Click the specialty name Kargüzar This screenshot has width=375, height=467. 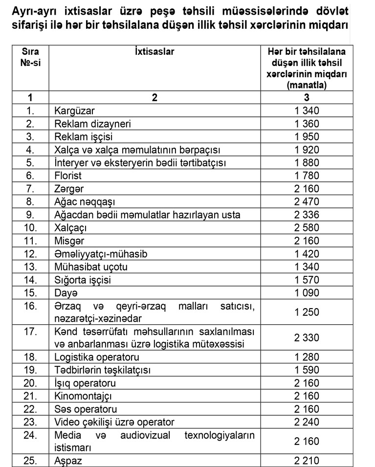click(x=75, y=111)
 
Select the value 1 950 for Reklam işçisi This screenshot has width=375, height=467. click(x=307, y=137)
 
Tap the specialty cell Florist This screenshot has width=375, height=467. click(x=68, y=176)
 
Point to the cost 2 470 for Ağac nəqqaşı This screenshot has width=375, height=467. click(x=307, y=201)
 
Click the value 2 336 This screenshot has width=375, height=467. click(x=307, y=215)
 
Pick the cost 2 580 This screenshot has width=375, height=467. click(x=307, y=227)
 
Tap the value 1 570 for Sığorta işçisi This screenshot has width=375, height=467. click(x=307, y=280)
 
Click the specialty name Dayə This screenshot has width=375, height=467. click(x=66, y=292)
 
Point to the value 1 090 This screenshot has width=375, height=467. click(x=307, y=292)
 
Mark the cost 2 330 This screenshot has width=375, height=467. click(x=307, y=337)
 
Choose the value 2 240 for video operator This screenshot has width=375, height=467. click(x=307, y=422)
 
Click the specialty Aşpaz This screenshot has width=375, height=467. click(x=68, y=461)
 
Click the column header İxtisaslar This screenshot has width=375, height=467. click(x=154, y=51)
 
